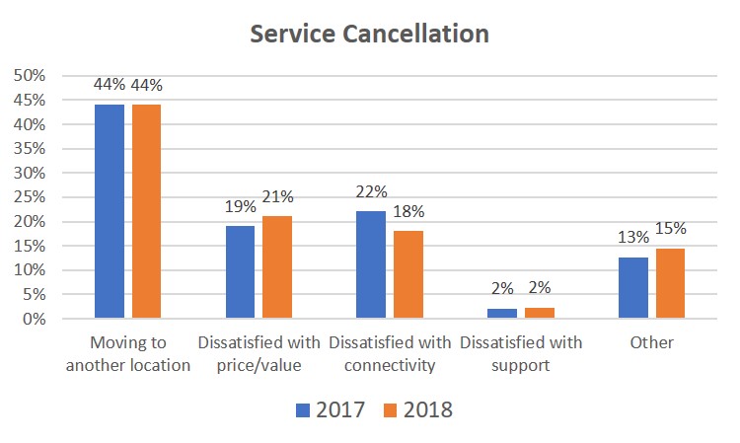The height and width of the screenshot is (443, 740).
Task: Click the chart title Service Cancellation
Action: [369, 34]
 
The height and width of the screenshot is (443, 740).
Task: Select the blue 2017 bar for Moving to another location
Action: [110, 211]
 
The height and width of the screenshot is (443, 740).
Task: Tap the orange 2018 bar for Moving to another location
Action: [146, 211]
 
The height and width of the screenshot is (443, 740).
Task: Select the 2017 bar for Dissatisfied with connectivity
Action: [372, 264]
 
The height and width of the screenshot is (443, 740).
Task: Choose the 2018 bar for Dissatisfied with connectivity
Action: [407, 274]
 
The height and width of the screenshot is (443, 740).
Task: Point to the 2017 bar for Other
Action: [633, 288]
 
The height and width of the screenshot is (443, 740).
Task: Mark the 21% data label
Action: [277, 197]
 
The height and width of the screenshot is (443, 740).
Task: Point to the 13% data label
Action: [633, 237]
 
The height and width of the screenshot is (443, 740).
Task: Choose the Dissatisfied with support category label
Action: [520, 352]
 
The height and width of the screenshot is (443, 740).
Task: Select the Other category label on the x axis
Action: [651, 342]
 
